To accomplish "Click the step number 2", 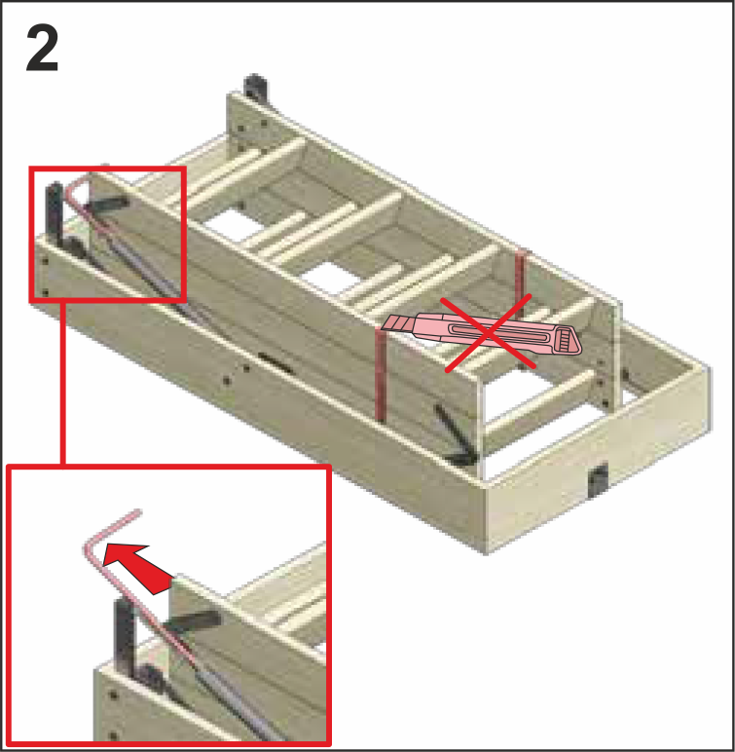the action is click(x=42, y=48).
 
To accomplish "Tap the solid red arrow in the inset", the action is click(x=136, y=567).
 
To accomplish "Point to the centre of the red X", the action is click(x=487, y=333).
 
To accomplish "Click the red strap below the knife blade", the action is click(x=381, y=375).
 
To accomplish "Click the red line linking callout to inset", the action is click(x=63, y=383).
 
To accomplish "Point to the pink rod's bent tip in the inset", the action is click(x=139, y=511).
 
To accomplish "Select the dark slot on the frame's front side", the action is click(x=276, y=363).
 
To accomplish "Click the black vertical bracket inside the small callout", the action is click(x=55, y=213).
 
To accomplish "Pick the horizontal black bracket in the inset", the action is click(x=192, y=621).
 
